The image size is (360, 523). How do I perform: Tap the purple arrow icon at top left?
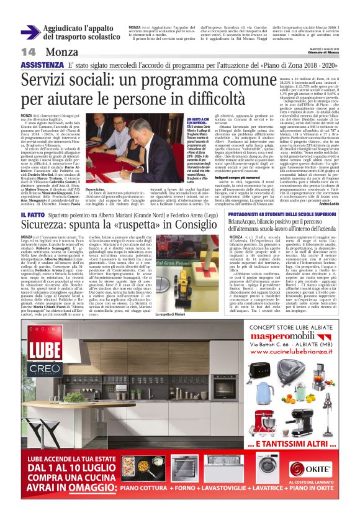coord(30,32)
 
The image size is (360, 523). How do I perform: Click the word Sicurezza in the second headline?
coord(52,222)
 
